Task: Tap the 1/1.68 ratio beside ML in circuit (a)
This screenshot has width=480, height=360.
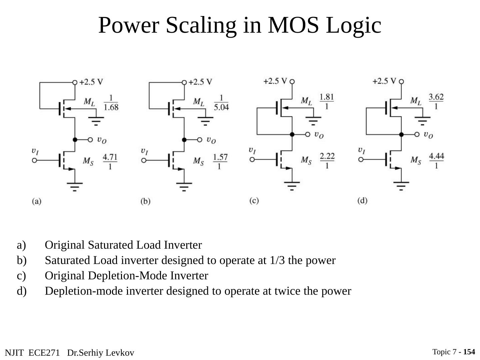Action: coord(111,103)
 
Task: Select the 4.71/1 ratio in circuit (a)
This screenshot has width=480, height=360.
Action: coord(110,161)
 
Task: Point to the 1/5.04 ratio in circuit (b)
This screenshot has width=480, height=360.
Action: coord(221,103)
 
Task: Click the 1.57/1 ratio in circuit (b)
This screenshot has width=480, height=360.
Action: coord(220,161)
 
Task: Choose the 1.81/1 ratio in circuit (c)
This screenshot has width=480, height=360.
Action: coord(327,102)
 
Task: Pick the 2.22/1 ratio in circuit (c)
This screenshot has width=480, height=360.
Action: coord(327,161)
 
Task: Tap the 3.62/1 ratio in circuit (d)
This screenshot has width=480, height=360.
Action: coord(436,102)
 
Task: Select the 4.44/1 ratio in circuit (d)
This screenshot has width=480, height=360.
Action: coord(436,161)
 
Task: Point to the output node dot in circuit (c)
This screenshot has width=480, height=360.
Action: coord(292,134)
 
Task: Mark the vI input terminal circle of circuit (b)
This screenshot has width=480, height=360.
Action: coord(144,160)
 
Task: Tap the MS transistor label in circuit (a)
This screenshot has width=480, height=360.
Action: coord(88,161)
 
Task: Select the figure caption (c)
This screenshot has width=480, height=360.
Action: coord(254,201)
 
